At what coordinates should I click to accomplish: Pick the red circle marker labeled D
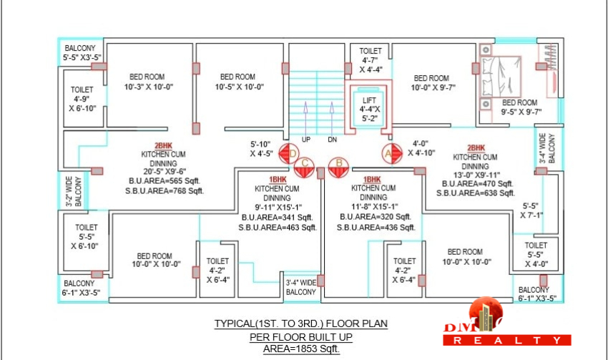click(289, 152)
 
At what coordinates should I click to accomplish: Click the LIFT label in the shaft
click(369, 99)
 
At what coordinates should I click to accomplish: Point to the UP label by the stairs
click(306, 139)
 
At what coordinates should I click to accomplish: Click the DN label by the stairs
click(333, 139)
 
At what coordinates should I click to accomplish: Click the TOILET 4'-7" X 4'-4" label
click(371, 60)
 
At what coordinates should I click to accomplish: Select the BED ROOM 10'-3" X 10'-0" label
click(149, 82)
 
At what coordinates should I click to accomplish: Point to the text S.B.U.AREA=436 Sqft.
click(373, 227)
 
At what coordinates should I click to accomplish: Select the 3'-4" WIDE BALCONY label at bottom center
click(301, 287)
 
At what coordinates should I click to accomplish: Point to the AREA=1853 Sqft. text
click(301, 349)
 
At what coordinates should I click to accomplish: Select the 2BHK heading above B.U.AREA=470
click(476, 147)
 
